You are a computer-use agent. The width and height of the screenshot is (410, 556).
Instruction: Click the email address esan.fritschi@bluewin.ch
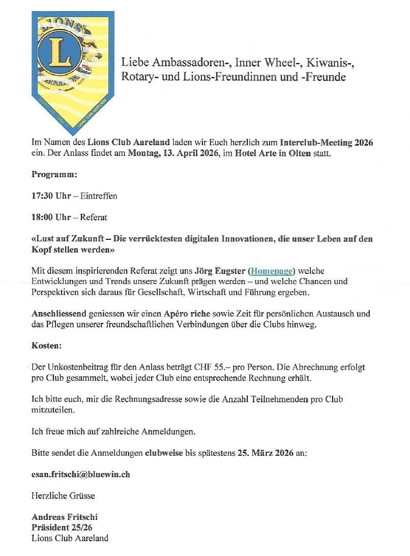tap(81, 474)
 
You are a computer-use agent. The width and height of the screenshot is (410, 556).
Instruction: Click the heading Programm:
tap(54, 175)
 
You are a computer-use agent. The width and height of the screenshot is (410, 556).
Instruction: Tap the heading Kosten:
tap(46, 346)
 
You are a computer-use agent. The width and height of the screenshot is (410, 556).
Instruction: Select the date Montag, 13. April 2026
tap(172, 153)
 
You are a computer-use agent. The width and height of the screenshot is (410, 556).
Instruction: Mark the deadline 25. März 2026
tap(266, 453)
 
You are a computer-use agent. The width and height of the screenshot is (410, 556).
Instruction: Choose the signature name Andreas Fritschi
tap(65, 517)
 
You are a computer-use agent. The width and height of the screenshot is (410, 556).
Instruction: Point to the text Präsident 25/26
tap(62, 527)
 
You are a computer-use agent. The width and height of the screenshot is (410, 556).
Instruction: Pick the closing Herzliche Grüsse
tap(63, 495)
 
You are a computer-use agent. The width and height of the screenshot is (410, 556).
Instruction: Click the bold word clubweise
tap(165, 453)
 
